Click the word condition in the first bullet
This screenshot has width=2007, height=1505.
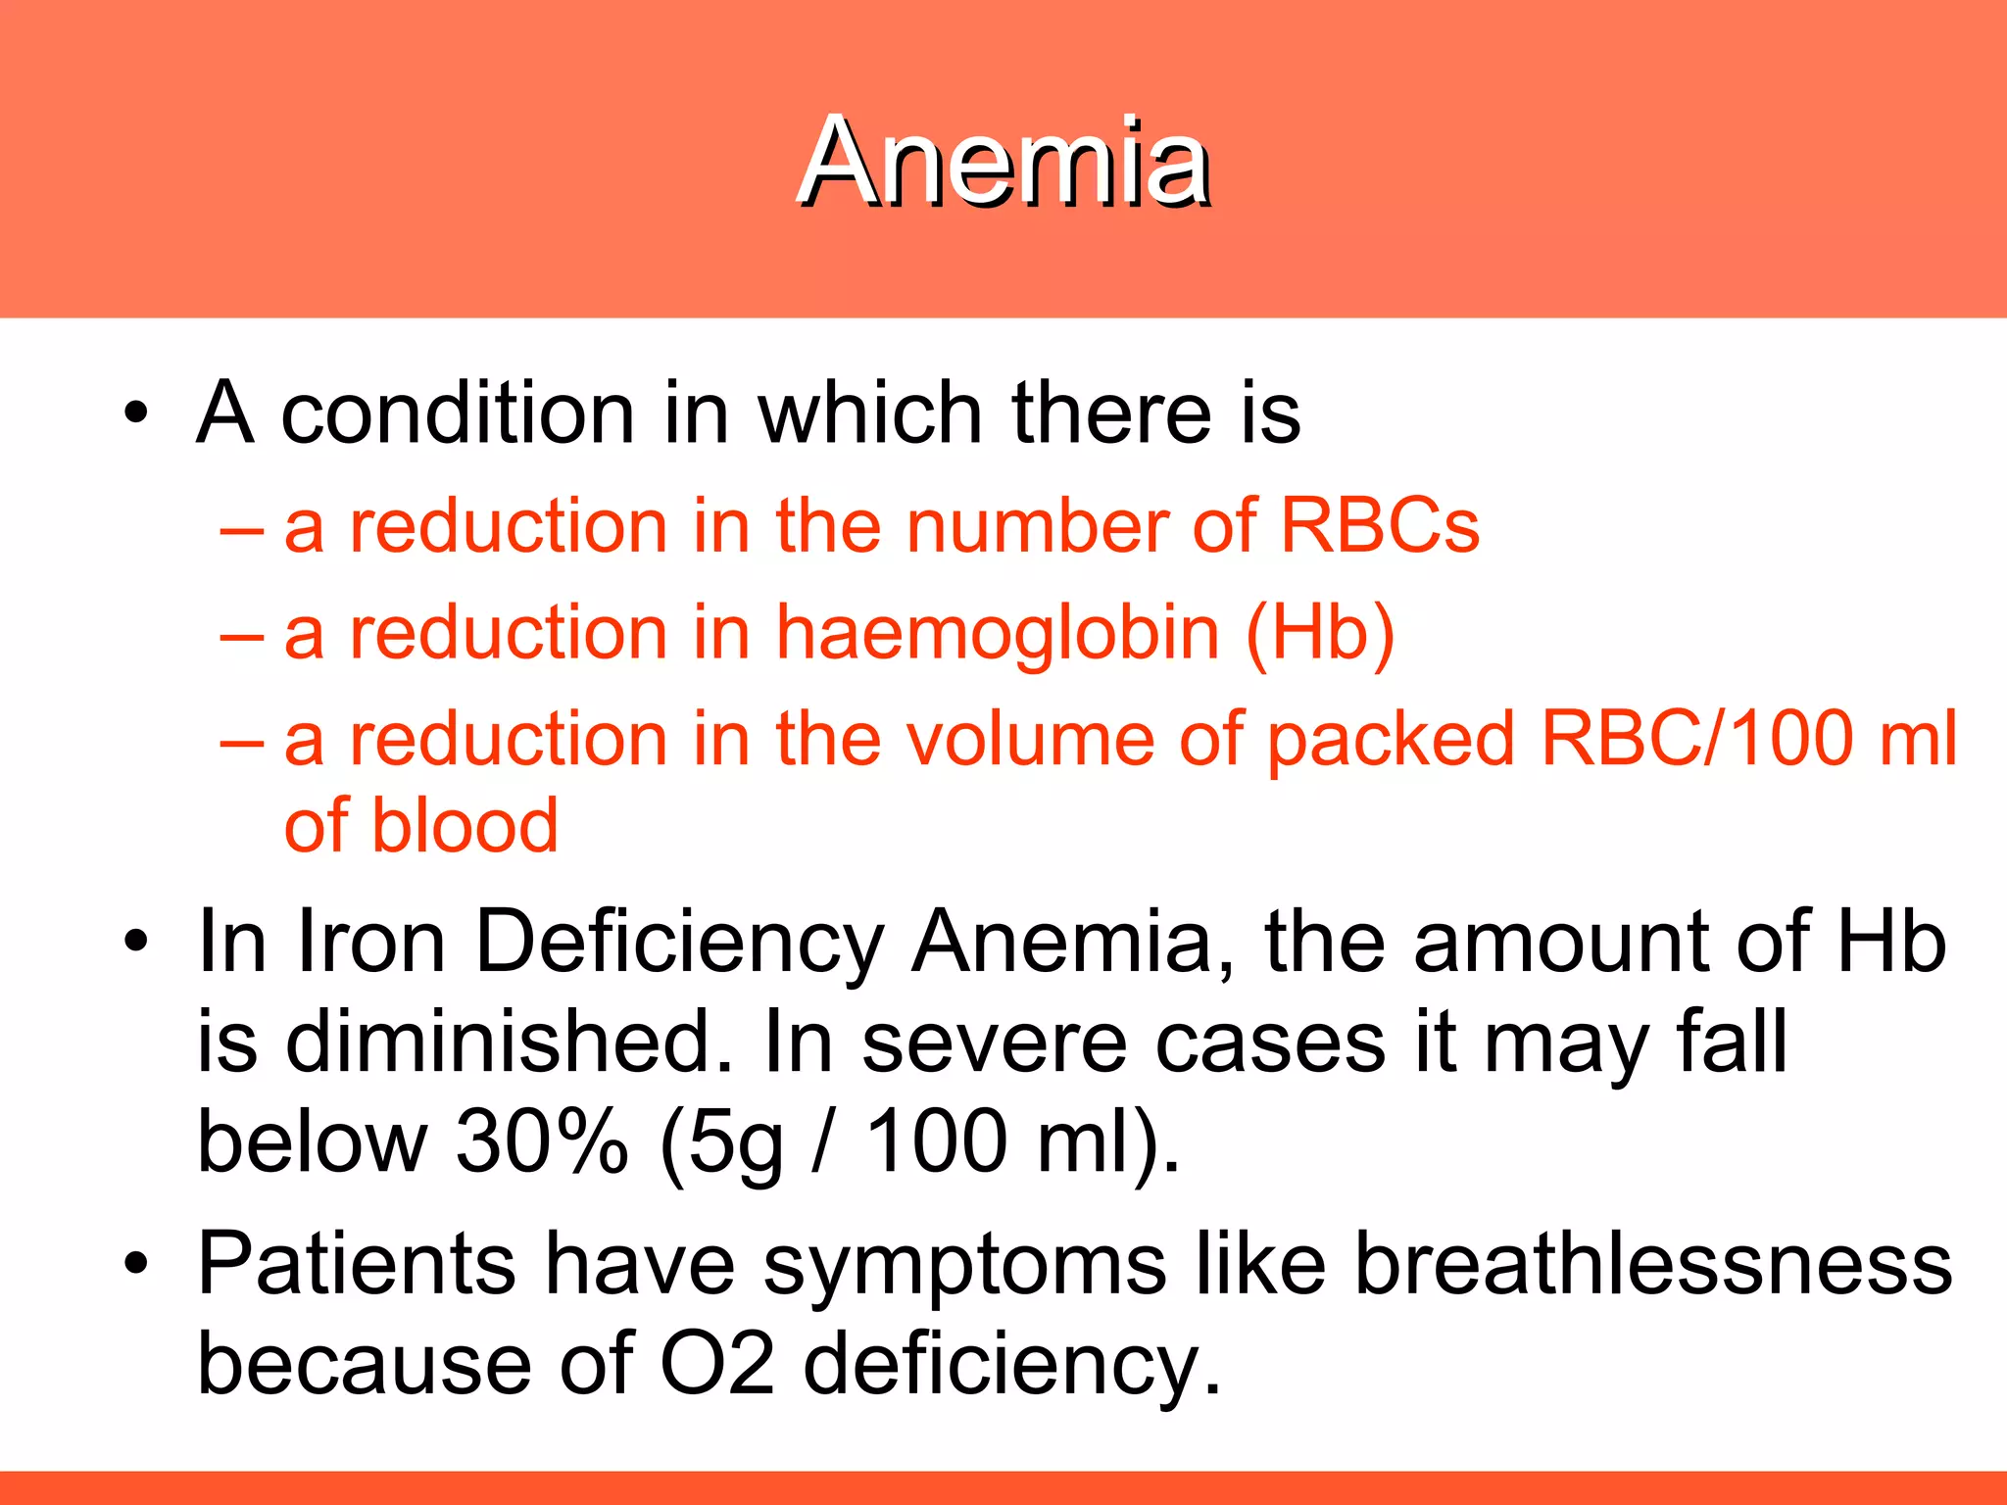coord(458,413)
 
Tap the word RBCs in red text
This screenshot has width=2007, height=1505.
coord(1380,526)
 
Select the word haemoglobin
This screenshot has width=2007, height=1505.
coord(998,634)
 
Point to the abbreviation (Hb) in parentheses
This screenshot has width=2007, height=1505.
coord(1320,634)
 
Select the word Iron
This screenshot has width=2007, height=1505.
coord(370,943)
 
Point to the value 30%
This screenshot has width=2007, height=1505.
coord(541,1141)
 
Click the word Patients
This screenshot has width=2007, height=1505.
coord(356,1264)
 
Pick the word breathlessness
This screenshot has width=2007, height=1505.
coord(1653,1264)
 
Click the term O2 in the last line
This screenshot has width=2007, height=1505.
coord(717,1364)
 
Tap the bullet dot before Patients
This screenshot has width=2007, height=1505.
coord(136,1264)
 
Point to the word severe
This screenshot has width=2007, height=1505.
coord(994,1043)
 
